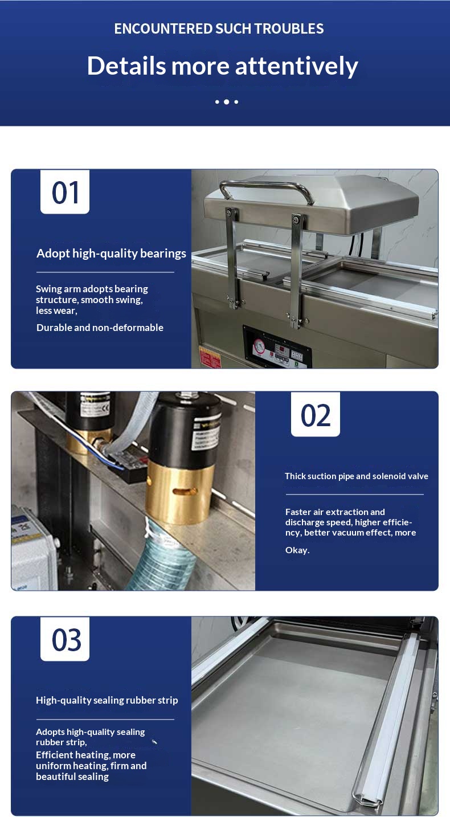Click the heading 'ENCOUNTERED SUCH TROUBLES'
[x=219, y=28]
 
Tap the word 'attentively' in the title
[x=296, y=67]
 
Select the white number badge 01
[x=65, y=192]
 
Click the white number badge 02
[x=316, y=415]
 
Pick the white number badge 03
[x=65, y=639]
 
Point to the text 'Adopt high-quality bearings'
[x=111, y=253]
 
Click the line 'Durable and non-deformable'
[x=100, y=328]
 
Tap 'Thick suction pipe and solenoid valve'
[x=356, y=476]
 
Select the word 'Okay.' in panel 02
[x=297, y=550]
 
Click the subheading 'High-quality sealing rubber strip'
[x=107, y=700]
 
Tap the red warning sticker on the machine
[x=210, y=357]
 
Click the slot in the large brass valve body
[x=185, y=491]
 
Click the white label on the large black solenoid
[x=206, y=436]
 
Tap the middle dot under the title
[x=227, y=102]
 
